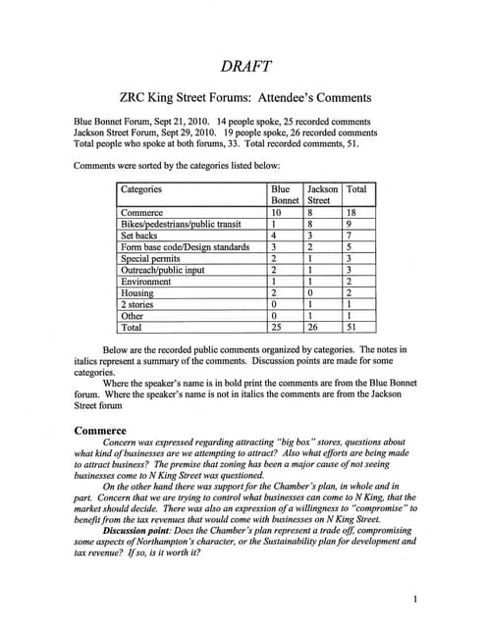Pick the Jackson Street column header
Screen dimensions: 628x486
click(x=323, y=193)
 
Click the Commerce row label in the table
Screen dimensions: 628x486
click(x=141, y=211)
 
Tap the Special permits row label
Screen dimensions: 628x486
click(x=150, y=258)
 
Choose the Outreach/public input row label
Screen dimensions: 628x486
click(x=161, y=270)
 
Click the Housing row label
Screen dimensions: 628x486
click(x=136, y=292)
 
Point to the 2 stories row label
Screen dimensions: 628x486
click(x=137, y=304)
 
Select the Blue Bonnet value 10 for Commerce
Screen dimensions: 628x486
click(x=277, y=211)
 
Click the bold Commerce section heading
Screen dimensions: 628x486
click(x=100, y=430)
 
